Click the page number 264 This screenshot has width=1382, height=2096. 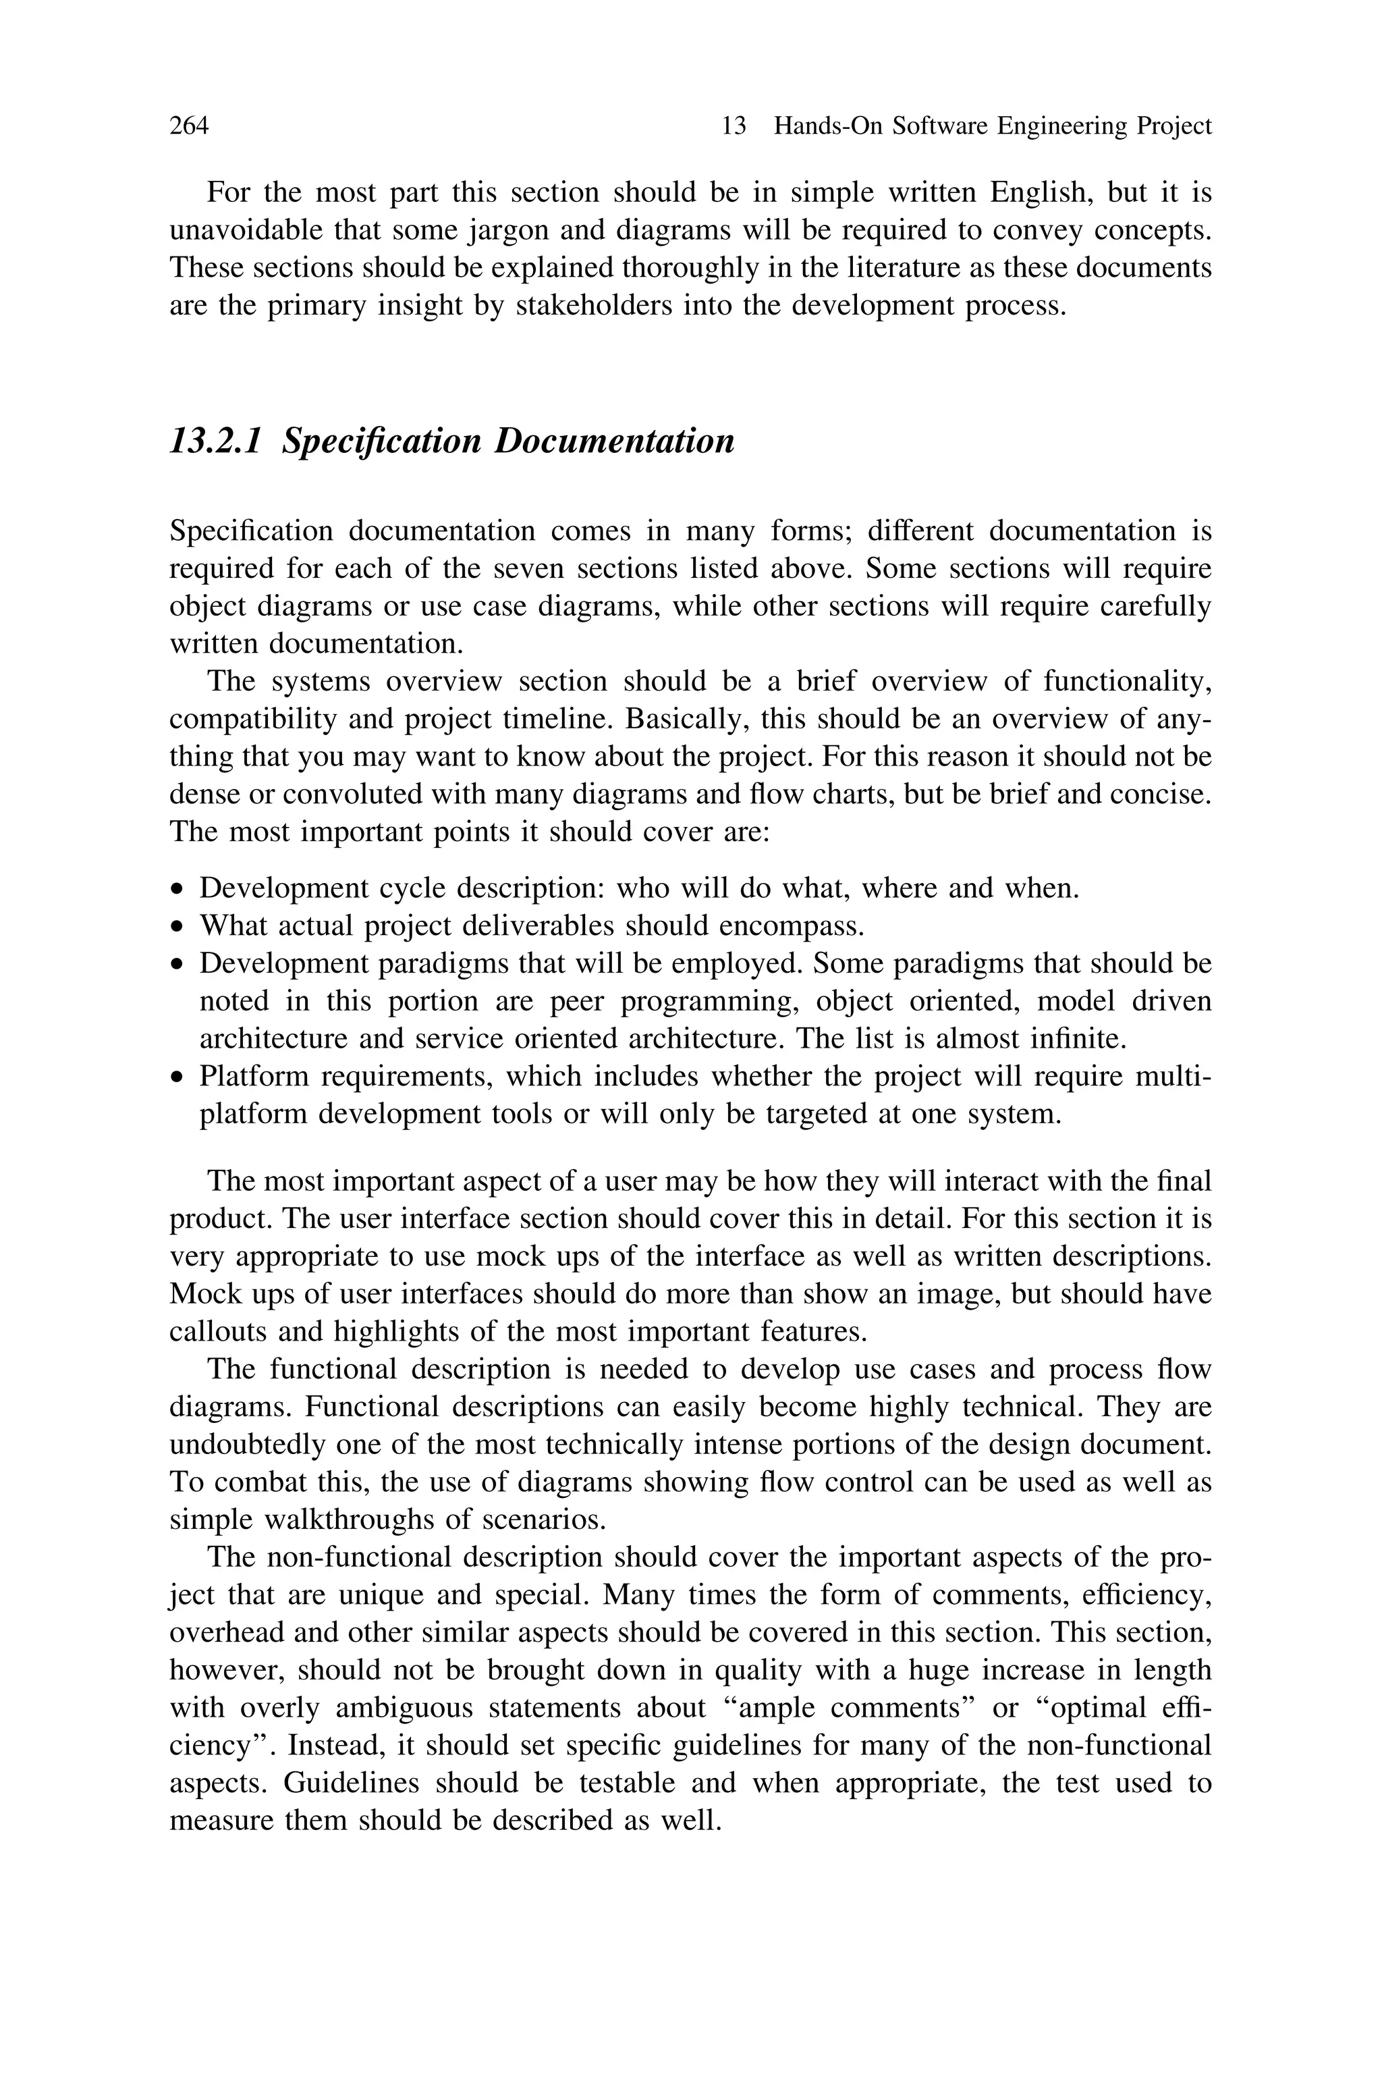pyautogui.click(x=189, y=126)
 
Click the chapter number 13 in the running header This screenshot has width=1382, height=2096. pyautogui.click(x=734, y=126)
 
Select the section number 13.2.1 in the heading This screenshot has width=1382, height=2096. pyautogui.click(x=215, y=441)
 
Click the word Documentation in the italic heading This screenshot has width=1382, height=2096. pyautogui.click(x=613, y=441)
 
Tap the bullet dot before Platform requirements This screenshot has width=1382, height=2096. pyautogui.click(x=179, y=1078)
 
